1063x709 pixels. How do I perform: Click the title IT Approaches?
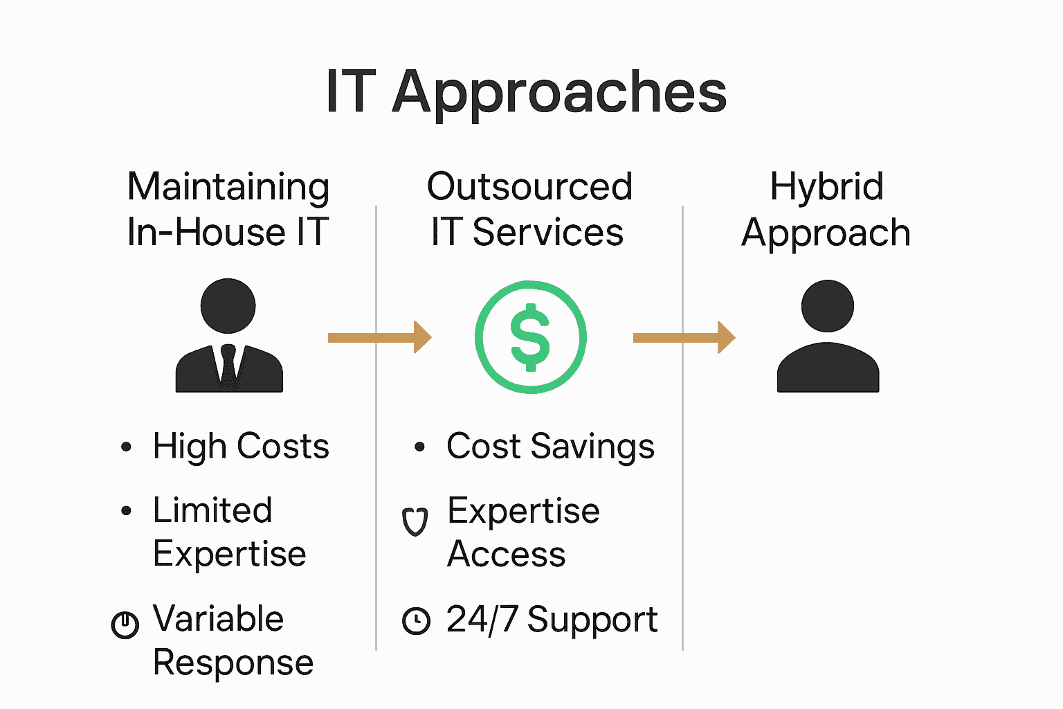[x=526, y=92]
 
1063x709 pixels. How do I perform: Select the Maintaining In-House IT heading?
[x=228, y=209]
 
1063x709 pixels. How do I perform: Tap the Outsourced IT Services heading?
[x=529, y=209]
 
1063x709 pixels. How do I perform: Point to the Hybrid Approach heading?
[x=826, y=209]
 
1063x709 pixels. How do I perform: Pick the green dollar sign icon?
[x=530, y=337]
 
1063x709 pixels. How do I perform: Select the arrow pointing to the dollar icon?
[x=379, y=337]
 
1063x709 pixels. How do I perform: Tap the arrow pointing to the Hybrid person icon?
[x=684, y=337]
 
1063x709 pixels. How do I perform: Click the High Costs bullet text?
[x=241, y=447]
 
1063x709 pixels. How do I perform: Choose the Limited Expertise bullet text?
[x=229, y=532]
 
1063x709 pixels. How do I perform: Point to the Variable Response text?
[x=233, y=640]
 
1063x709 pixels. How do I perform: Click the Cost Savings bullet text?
[x=550, y=447]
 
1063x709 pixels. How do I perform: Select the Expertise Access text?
[x=523, y=532]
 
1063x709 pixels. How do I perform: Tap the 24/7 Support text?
[x=552, y=620]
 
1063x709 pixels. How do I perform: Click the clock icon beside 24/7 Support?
[x=416, y=620]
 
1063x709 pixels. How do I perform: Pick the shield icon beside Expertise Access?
[x=415, y=522]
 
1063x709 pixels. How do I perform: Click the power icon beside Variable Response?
[x=125, y=625]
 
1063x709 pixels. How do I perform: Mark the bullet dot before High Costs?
[x=126, y=447]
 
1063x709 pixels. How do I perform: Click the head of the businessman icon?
[x=228, y=305]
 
